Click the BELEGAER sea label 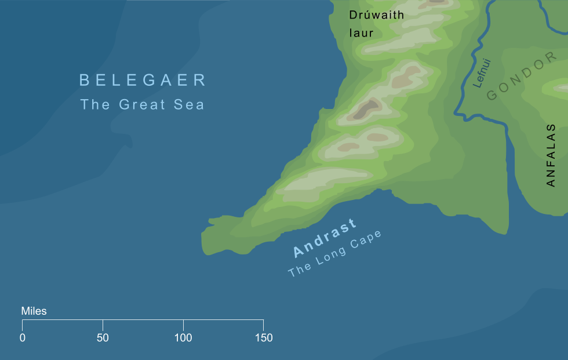[x=143, y=80]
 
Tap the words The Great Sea [x=142, y=105]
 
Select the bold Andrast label [x=325, y=238]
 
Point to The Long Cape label [x=335, y=254]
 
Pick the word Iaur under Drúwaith [x=361, y=34]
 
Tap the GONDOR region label [x=516, y=79]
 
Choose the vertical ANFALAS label [x=551, y=155]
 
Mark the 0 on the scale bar [x=23, y=338]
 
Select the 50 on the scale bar [x=103, y=338]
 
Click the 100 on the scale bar [x=183, y=338]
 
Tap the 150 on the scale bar [x=263, y=338]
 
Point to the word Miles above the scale [x=34, y=311]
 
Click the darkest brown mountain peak [x=367, y=108]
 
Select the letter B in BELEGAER [x=85, y=80]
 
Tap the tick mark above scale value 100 [x=183, y=325]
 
